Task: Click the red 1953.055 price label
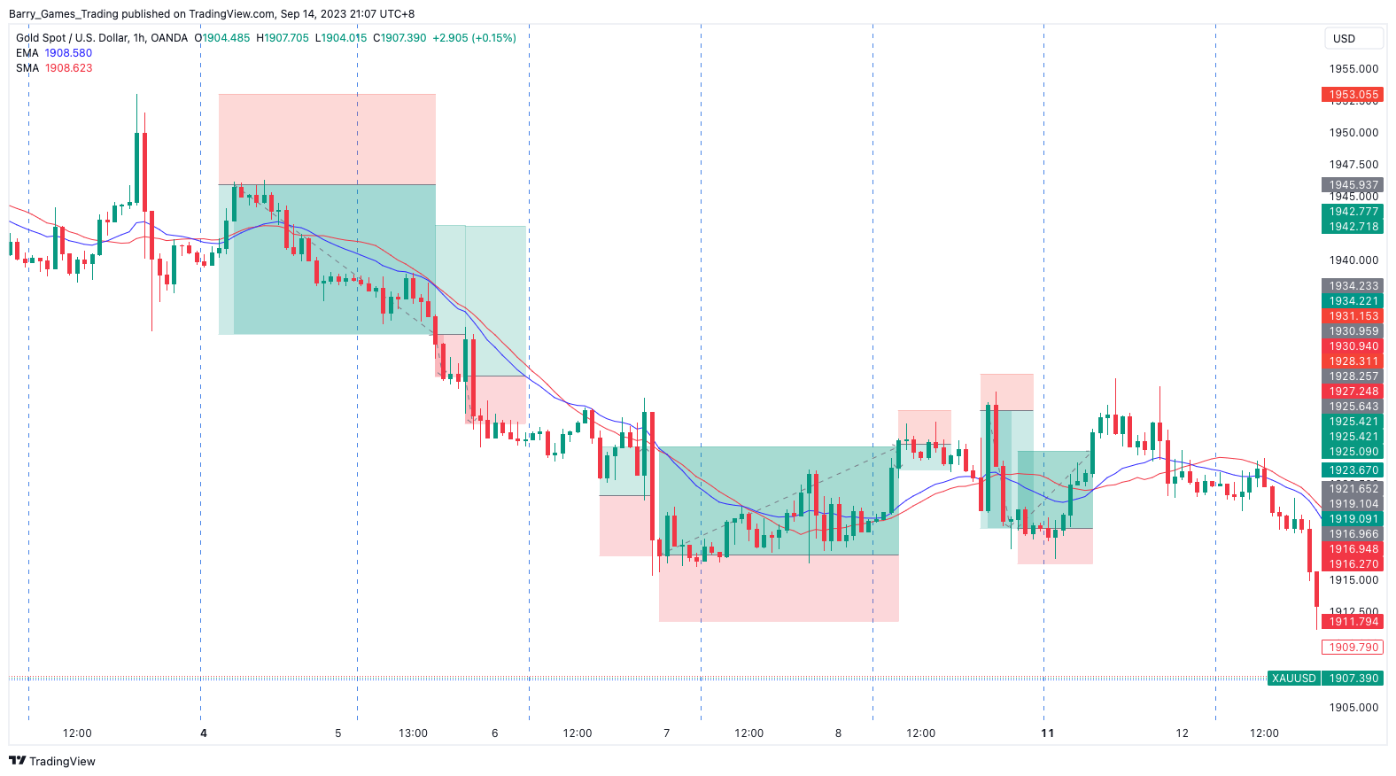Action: click(x=1353, y=95)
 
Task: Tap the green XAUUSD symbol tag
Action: click(x=1293, y=679)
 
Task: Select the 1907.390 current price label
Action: click(x=1353, y=679)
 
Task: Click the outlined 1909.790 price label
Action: click(x=1353, y=648)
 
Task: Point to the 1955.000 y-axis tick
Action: click(x=1353, y=69)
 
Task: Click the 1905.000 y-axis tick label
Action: click(x=1353, y=708)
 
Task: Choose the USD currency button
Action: click(x=1345, y=39)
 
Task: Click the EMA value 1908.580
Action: click(x=68, y=53)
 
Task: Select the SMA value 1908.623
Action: click(x=68, y=68)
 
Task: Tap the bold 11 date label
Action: click(x=1047, y=733)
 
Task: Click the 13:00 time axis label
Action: click(x=413, y=733)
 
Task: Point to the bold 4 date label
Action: click(x=204, y=733)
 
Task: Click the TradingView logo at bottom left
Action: click(x=52, y=762)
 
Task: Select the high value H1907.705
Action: click(x=283, y=38)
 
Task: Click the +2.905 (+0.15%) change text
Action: click(x=474, y=38)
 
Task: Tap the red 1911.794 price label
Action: click(x=1353, y=622)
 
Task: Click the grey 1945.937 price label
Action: click(x=1353, y=185)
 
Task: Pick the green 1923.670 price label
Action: click(x=1353, y=470)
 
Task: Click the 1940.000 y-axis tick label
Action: click(x=1353, y=260)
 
